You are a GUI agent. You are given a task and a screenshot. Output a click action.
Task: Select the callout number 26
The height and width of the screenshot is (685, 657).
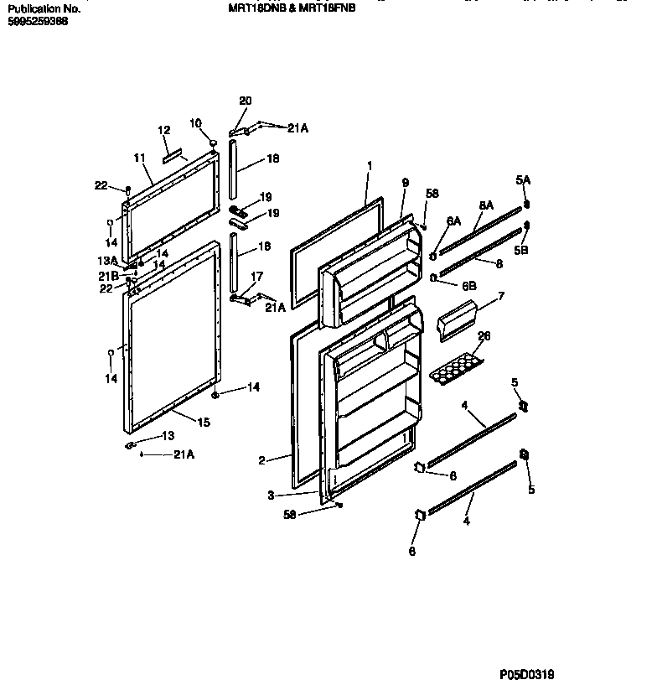point(483,336)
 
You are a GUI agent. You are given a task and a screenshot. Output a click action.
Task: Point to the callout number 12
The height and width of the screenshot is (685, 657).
point(164,131)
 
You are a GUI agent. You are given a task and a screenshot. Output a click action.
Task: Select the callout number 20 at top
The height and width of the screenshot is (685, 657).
point(245,101)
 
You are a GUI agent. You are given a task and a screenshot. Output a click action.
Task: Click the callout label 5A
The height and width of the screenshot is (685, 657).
point(523,179)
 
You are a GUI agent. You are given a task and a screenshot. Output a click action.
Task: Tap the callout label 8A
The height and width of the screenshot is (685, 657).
point(486,204)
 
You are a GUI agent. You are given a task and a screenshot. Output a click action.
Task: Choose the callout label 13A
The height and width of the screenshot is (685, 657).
point(108,261)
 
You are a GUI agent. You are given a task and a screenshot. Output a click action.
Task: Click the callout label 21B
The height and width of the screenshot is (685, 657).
point(108,275)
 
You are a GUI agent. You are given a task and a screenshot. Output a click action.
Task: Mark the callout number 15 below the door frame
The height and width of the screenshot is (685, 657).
point(204,423)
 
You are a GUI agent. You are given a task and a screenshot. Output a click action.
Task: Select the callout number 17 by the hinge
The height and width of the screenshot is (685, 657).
point(256,275)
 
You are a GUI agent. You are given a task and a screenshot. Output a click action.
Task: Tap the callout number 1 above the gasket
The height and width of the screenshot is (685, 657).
point(368,166)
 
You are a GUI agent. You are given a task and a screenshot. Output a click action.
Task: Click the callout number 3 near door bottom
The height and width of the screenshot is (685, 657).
point(271,496)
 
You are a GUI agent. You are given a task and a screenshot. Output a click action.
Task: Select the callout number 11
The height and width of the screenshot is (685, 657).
point(139,157)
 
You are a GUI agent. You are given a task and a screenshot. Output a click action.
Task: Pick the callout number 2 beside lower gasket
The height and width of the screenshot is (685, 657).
point(261,459)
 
